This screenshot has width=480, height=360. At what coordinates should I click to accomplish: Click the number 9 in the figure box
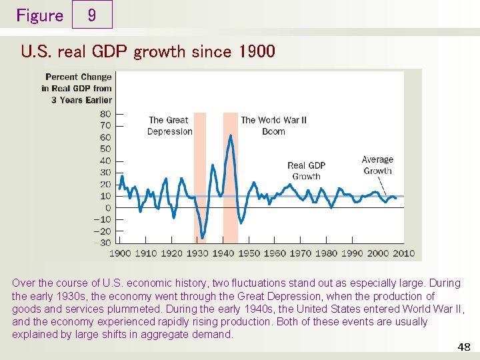[x=91, y=15]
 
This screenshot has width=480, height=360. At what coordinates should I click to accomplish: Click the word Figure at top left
[x=39, y=15]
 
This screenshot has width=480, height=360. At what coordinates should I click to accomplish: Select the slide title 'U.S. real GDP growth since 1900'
[x=147, y=51]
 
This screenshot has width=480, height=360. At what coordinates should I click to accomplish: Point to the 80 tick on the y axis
[x=105, y=114]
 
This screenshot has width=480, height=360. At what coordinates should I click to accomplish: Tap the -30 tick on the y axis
[x=103, y=243]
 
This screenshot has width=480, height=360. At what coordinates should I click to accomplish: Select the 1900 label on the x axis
[x=120, y=253]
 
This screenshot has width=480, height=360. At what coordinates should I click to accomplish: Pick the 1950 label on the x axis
[x=249, y=253]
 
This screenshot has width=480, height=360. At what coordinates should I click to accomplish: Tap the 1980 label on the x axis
[x=326, y=253]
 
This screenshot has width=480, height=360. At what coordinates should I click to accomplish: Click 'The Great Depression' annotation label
[x=169, y=126]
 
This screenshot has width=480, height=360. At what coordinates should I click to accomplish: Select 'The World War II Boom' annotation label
[x=273, y=126]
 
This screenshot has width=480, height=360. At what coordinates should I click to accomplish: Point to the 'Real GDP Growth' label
[x=306, y=171]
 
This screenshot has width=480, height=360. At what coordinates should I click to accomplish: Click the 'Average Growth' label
[x=377, y=165]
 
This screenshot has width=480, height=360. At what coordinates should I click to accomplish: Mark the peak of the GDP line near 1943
[x=230, y=136]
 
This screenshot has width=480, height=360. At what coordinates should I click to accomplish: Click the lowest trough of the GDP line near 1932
[x=202, y=237]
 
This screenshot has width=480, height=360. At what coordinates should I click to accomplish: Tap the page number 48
[x=464, y=347]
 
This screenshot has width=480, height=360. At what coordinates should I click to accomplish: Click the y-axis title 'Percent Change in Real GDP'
[x=77, y=88]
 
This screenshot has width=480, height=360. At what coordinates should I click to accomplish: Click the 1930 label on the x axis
[x=197, y=253]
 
